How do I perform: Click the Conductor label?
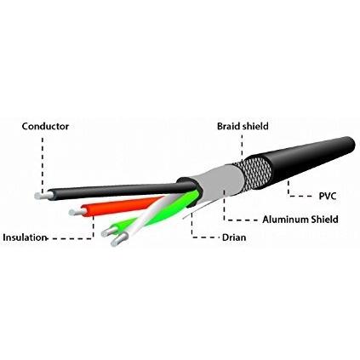pyautogui.click(x=45, y=126)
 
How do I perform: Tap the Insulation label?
pyautogui.click(x=25, y=237)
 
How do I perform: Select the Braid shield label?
pyautogui.click(x=243, y=126)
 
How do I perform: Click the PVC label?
pyautogui.click(x=328, y=196)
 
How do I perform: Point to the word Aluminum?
pyautogui.click(x=285, y=220)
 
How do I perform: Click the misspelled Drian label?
pyautogui.click(x=234, y=237)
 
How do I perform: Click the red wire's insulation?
pyautogui.click(x=119, y=207)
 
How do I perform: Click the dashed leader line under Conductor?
pyautogui.click(x=43, y=164)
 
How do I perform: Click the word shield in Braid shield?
pyautogui.click(x=254, y=126)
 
